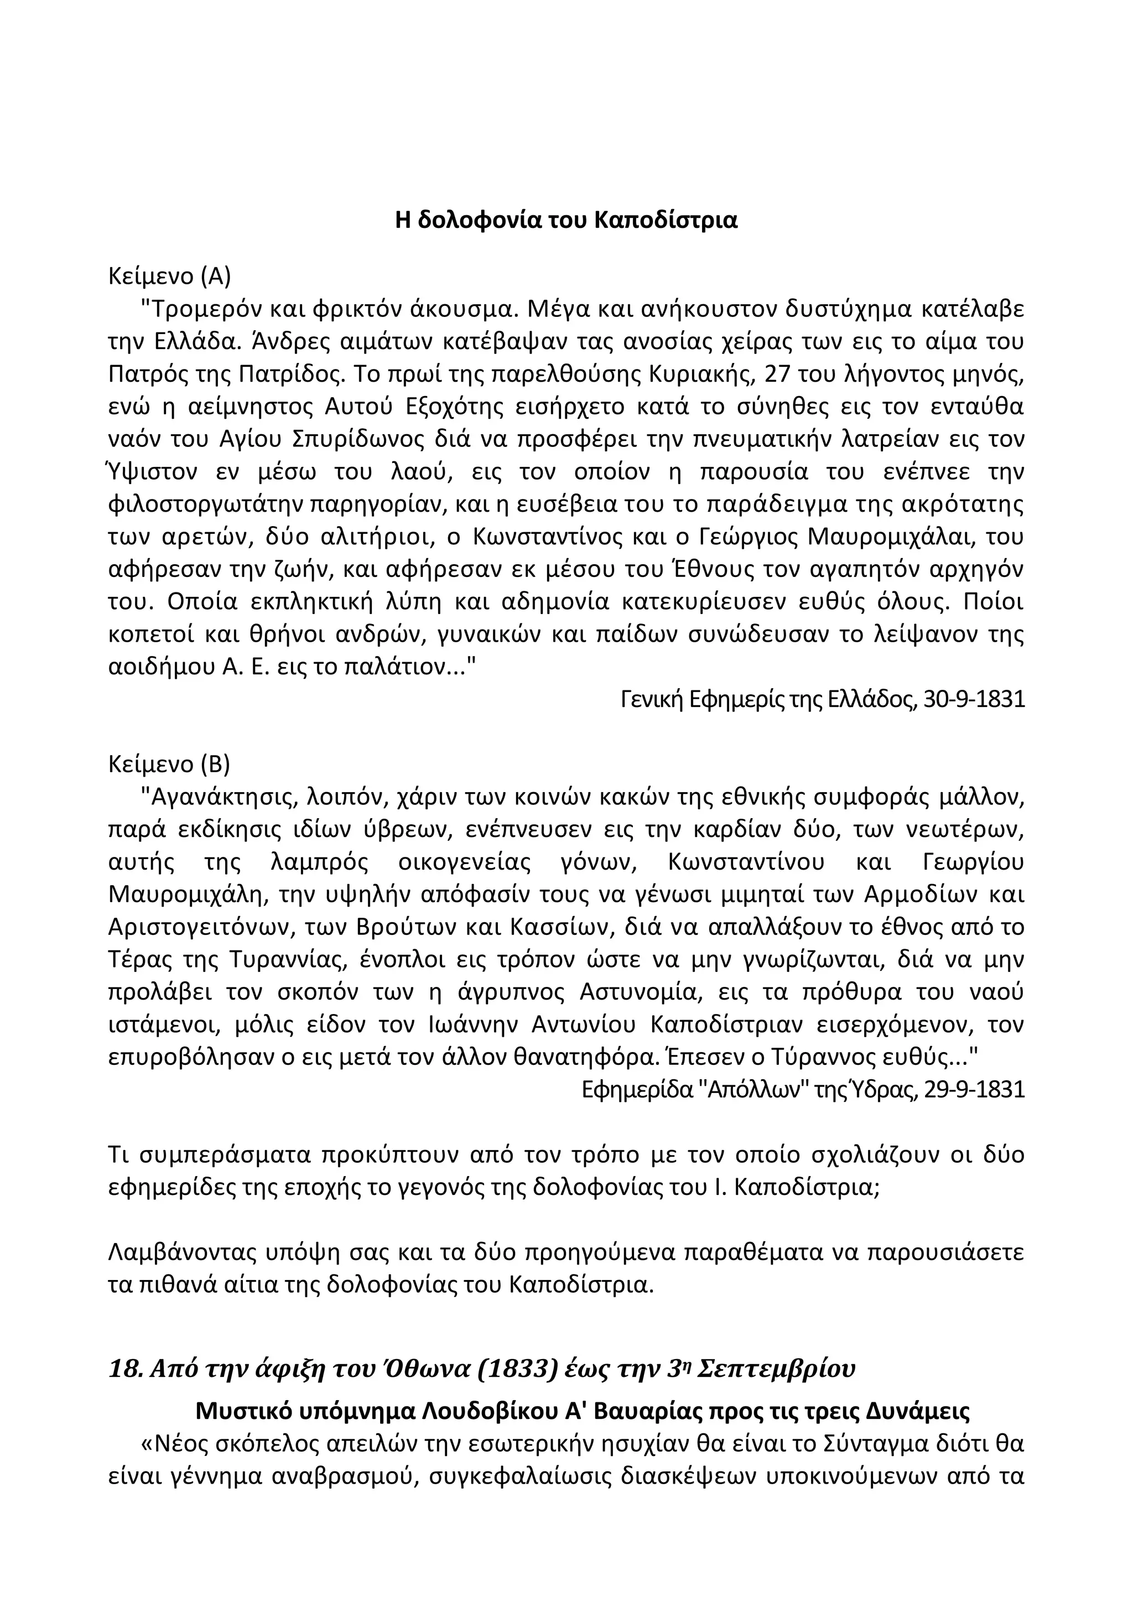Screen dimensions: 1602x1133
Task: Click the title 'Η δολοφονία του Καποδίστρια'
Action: click(566, 221)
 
